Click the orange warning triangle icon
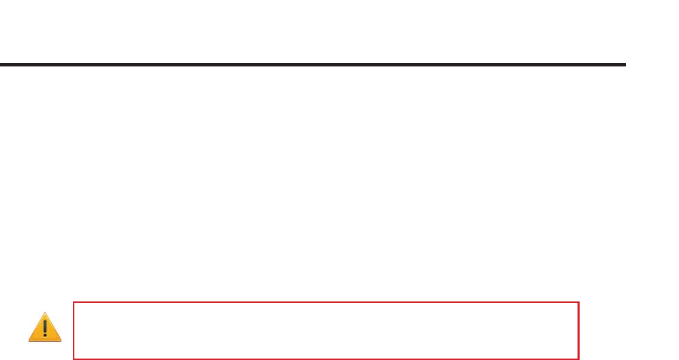[44, 327]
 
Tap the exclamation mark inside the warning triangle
[44, 328]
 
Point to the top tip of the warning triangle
[44, 314]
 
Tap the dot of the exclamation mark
[44, 335]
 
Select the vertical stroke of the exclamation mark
[44, 326]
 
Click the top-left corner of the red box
[74, 302]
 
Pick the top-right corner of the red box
[578, 302]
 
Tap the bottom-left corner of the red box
[74, 358]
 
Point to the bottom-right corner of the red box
[578, 358]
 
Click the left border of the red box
[74, 330]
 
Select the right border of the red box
[578, 330]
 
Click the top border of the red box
[325, 302]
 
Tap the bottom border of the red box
[325, 358]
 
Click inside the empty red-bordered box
[325, 330]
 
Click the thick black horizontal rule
[312, 64]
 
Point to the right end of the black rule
[625, 64]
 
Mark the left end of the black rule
[1, 64]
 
